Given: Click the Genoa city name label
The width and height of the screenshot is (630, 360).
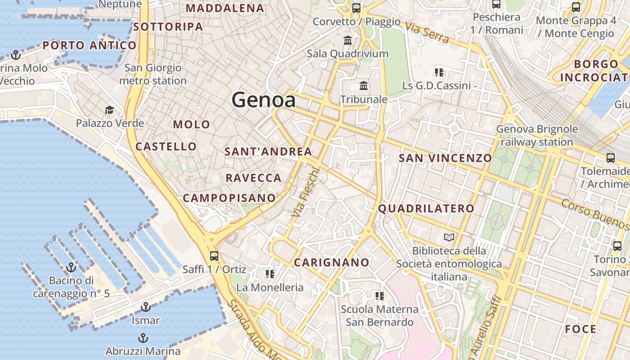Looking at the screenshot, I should [264, 100].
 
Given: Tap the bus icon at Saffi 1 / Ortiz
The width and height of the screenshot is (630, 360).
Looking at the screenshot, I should [214, 256].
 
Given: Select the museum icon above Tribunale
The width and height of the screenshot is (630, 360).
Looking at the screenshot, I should [364, 85].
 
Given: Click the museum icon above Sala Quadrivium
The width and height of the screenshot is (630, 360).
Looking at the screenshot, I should [348, 40].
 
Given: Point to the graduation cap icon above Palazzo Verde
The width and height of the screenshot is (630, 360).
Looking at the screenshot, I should [109, 110].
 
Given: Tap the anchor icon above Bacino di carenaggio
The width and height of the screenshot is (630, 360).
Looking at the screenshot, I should [71, 267].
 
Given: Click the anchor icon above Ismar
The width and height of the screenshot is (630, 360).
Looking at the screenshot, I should [145, 307].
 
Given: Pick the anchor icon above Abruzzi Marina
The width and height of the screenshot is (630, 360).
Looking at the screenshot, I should [143, 337].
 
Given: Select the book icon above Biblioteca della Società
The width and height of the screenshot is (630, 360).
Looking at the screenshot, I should [449, 237].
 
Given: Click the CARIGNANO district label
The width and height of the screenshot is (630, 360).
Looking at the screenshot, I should [332, 262].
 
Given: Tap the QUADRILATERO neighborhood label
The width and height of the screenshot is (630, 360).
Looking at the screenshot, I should [426, 208].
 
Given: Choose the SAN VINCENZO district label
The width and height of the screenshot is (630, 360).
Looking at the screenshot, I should [445, 158].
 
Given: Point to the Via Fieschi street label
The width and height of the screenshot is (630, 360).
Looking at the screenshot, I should [305, 192].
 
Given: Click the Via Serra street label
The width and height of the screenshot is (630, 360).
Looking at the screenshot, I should [427, 32].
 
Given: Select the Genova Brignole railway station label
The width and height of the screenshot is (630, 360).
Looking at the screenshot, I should [536, 135].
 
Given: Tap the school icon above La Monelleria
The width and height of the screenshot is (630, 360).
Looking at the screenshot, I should [270, 274].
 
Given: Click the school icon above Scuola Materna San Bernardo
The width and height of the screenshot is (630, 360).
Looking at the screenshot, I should [380, 296].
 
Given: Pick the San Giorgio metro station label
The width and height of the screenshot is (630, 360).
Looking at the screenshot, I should [153, 74].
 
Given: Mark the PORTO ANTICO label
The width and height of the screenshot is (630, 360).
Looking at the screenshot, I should [90, 45].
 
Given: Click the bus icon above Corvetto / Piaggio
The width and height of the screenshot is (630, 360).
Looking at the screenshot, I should [356, 8].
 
